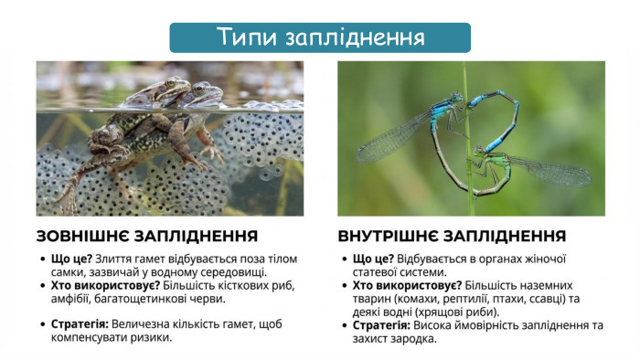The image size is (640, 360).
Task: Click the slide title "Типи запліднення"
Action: point(320,37)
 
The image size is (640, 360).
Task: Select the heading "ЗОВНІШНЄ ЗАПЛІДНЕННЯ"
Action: point(146,236)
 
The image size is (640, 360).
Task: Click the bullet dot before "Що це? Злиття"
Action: point(43,259)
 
